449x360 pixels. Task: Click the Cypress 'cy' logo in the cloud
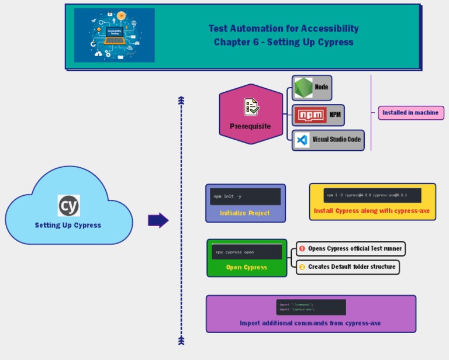68,206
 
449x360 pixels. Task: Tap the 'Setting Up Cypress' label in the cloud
68,225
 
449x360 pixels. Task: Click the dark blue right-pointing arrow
158,220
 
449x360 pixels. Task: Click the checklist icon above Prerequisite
251,107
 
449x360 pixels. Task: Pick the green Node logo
303,88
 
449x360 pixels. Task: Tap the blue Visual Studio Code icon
302,140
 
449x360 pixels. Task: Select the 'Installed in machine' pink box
410,113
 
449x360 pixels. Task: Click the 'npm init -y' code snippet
246,196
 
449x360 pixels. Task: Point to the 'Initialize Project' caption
245,213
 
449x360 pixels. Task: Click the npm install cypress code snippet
372,195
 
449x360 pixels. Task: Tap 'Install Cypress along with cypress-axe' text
372,210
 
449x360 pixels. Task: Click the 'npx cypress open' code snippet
247,252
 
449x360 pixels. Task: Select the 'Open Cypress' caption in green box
247,267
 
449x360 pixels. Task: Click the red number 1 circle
302,249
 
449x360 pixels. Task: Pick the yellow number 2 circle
302,267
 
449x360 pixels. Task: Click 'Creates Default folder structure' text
352,266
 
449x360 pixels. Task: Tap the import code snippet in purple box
311,307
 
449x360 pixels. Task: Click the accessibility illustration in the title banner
115,35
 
